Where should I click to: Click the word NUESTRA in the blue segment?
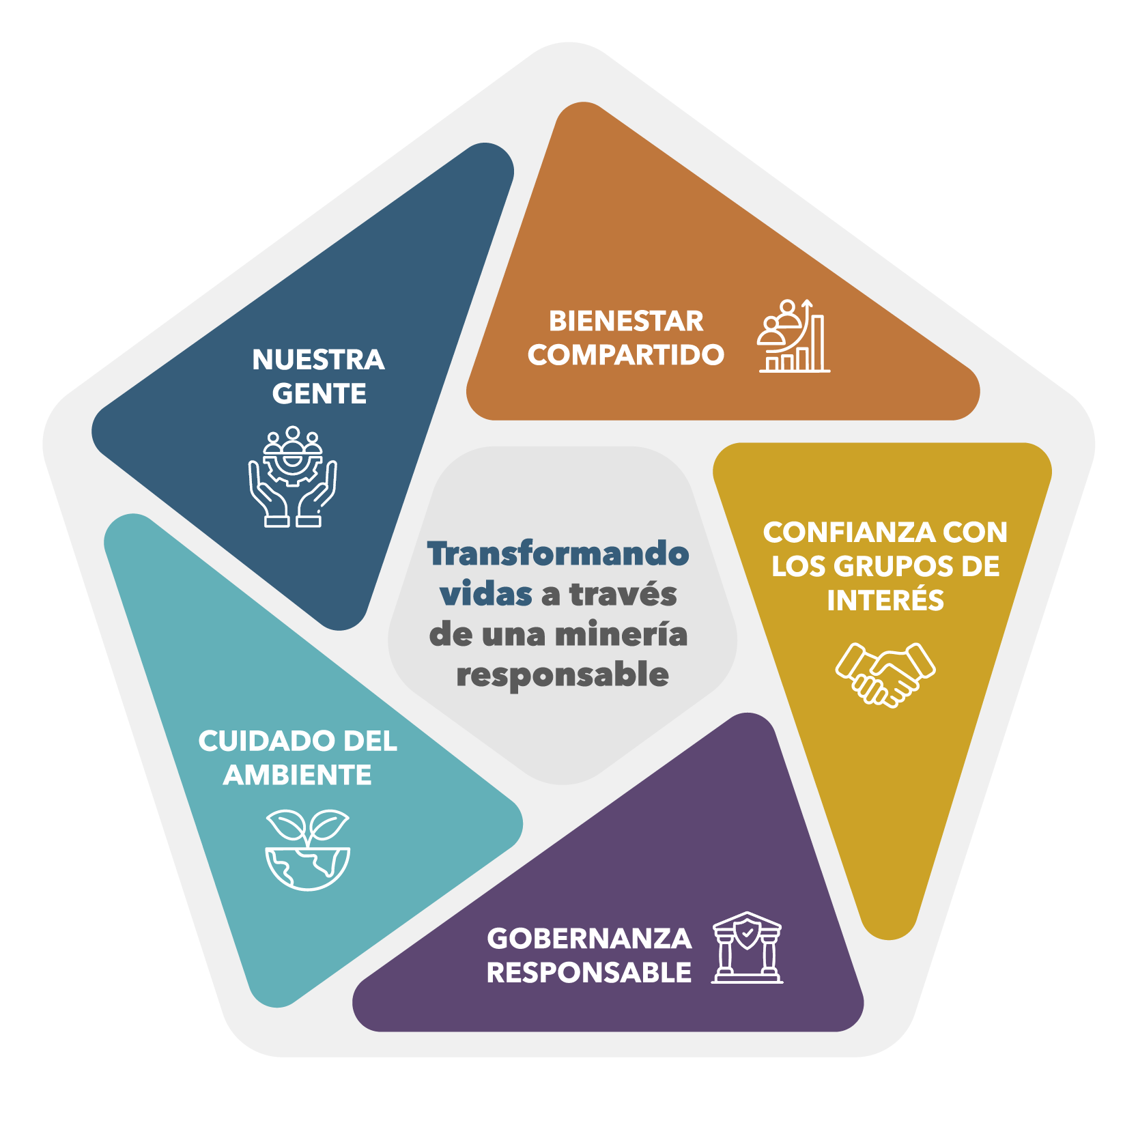tap(318, 360)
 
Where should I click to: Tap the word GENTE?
tap(319, 394)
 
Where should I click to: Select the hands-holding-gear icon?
tap(293, 476)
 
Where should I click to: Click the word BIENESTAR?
tap(626, 321)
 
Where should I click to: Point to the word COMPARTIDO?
tap(626, 355)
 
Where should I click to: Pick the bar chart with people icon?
tap(794, 336)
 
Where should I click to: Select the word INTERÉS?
tap(885, 600)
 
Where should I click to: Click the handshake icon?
tap(885, 674)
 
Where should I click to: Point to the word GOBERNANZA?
tap(589, 939)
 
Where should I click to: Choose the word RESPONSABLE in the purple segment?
tap(589, 973)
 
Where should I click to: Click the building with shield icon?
tap(747, 948)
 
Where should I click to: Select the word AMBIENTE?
tap(298, 776)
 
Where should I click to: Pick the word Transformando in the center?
tap(558, 553)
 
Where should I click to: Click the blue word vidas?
tap(486, 594)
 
